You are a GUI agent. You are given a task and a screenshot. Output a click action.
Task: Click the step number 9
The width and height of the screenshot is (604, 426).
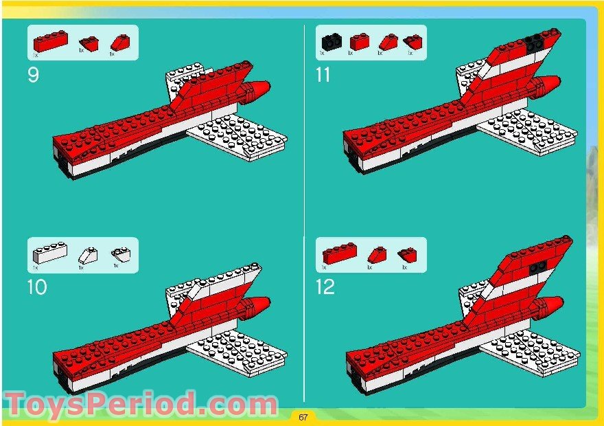tap(33, 75)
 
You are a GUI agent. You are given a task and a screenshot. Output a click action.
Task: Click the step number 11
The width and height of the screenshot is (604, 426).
tap(323, 75)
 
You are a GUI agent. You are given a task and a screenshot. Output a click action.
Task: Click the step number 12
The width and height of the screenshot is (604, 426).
tap(325, 287)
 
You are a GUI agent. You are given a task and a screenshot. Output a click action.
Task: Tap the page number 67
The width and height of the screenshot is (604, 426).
tap(303, 416)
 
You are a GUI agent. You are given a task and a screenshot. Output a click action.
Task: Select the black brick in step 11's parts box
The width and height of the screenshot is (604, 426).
tap(332, 42)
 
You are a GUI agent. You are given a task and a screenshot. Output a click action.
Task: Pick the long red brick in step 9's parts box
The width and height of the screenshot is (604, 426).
tap(51, 41)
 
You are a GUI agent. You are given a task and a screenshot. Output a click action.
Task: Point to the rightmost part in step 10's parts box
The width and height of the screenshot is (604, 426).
tap(121, 254)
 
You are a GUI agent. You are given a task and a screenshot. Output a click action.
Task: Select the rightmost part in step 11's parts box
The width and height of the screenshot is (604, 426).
tap(413, 41)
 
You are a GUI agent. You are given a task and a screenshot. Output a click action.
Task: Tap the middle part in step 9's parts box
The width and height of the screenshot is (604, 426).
tap(89, 43)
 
